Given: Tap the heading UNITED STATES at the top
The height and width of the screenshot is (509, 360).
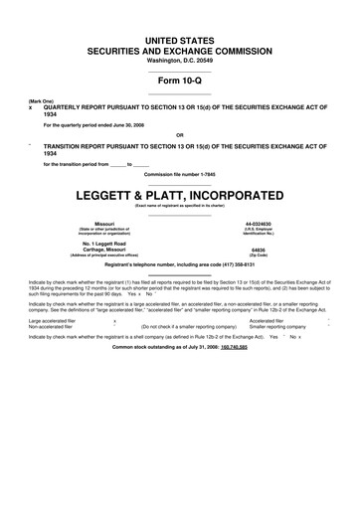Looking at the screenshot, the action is click(179, 38).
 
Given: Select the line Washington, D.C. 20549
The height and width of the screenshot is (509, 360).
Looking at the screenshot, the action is click(179, 61).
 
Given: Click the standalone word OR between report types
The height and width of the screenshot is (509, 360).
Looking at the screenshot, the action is click(179, 134).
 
